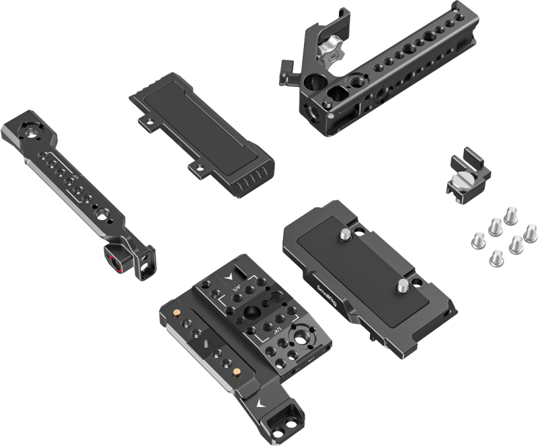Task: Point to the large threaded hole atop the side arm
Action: pos(28,131)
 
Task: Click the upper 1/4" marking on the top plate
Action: pos(236,288)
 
